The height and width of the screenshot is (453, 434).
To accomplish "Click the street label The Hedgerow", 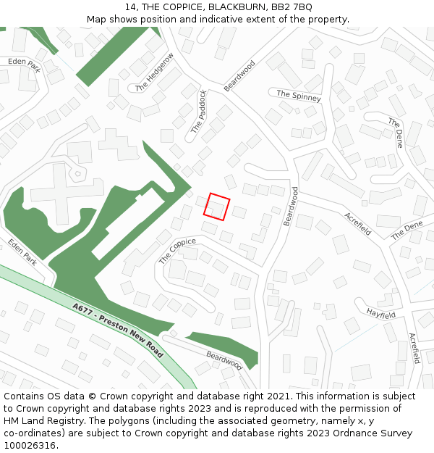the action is coord(155,72).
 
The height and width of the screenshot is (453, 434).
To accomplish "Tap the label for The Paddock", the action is coord(199,111).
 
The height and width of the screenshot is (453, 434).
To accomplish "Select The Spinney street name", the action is coord(298,94).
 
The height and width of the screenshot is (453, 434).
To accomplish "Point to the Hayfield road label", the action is coord(380,315).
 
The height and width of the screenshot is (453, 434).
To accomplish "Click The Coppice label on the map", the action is coord(177,251).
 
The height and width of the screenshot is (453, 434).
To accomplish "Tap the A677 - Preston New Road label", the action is coord(119,330).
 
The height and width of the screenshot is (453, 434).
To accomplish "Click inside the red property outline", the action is coord(217,207).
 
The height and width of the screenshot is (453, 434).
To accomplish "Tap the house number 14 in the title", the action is coord(130,7).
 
